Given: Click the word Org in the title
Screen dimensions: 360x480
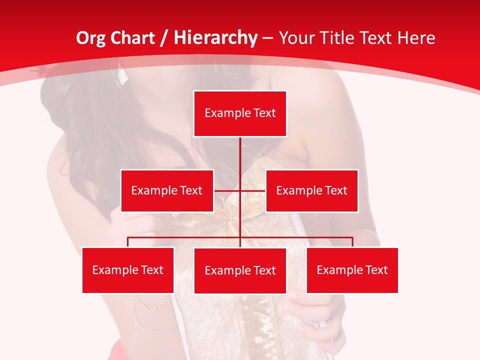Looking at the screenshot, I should click(x=90, y=38).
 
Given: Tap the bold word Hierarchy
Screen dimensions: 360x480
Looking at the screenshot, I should click(x=215, y=38).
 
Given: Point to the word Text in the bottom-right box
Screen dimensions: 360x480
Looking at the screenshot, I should click(x=376, y=270).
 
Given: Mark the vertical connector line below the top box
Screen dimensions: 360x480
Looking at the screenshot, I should click(x=240, y=155).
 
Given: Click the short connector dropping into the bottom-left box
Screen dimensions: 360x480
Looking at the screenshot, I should click(x=128, y=242).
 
